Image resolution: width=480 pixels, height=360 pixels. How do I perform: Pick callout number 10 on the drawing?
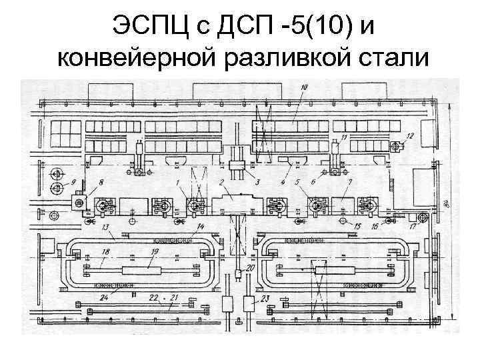[303, 87]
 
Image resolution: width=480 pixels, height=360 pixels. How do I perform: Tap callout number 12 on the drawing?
[409, 136]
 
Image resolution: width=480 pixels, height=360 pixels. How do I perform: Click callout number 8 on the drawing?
[101, 182]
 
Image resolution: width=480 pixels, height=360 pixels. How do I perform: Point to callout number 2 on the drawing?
[221, 182]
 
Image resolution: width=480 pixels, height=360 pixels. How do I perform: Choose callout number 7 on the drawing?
[349, 182]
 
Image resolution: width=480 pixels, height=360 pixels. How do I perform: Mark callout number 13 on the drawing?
[106, 227]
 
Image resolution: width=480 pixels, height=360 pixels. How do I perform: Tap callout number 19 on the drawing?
[155, 251]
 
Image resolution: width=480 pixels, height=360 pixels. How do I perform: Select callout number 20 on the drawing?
[250, 268]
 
